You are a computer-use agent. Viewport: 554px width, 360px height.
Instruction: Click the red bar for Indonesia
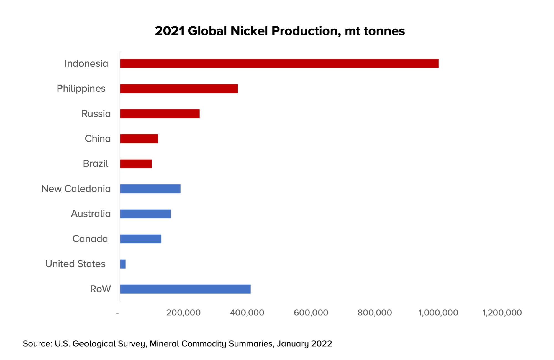click(x=279, y=64)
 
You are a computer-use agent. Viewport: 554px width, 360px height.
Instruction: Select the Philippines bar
click(x=179, y=89)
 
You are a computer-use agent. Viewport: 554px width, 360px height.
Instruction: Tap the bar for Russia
click(x=160, y=114)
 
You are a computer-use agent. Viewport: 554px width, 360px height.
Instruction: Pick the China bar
click(x=139, y=139)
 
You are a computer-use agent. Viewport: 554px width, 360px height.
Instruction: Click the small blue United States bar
click(x=123, y=264)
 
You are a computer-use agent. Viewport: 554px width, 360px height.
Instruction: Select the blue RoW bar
click(x=185, y=289)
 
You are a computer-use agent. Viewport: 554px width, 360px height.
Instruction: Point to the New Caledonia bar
click(x=150, y=189)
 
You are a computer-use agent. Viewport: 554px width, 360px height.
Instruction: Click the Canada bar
click(x=141, y=239)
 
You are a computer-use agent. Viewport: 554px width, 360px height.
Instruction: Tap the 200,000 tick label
click(x=183, y=313)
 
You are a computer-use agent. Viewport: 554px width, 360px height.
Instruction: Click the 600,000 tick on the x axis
click(x=311, y=313)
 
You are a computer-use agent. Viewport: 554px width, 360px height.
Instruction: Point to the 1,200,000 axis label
click(x=502, y=313)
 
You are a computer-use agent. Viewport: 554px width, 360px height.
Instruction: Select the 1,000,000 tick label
click(x=438, y=313)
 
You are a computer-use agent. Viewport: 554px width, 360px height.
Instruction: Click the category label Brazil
click(x=96, y=164)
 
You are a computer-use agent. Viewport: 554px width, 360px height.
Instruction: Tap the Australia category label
click(x=91, y=214)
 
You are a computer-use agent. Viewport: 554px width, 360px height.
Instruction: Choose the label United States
click(x=75, y=264)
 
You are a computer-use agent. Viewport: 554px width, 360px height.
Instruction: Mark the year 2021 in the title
click(x=170, y=31)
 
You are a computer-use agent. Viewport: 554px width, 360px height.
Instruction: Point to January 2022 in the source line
click(x=304, y=344)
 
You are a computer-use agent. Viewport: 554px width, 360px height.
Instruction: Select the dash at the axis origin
click(x=117, y=313)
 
